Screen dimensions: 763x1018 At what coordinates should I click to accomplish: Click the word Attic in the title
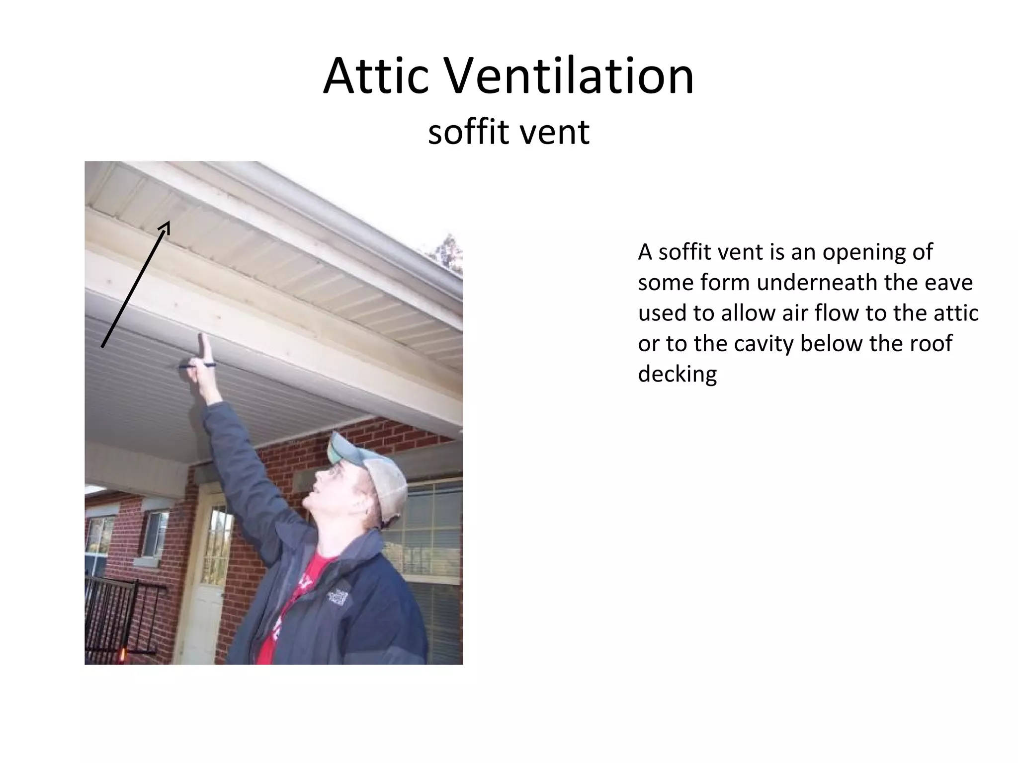click(x=376, y=76)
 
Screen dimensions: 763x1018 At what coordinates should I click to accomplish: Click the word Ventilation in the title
click(x=568, y=76)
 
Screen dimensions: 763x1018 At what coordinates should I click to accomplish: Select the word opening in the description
click(x=864, y=252)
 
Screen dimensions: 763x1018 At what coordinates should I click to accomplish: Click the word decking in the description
click(x=677, y=374)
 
